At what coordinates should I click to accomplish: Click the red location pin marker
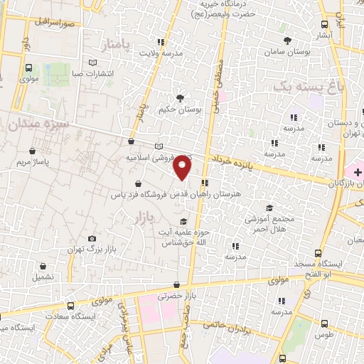tap(183, 168)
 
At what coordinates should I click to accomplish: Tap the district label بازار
tap(144, 218)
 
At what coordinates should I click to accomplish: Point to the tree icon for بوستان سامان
tap(287, 41)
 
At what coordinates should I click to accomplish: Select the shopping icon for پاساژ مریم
tap(33, 151)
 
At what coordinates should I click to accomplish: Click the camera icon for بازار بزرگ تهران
tap(92, 239)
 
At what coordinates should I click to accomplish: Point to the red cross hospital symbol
tap(358, 173)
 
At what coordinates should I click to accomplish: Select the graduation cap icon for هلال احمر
tap(269, 207)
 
